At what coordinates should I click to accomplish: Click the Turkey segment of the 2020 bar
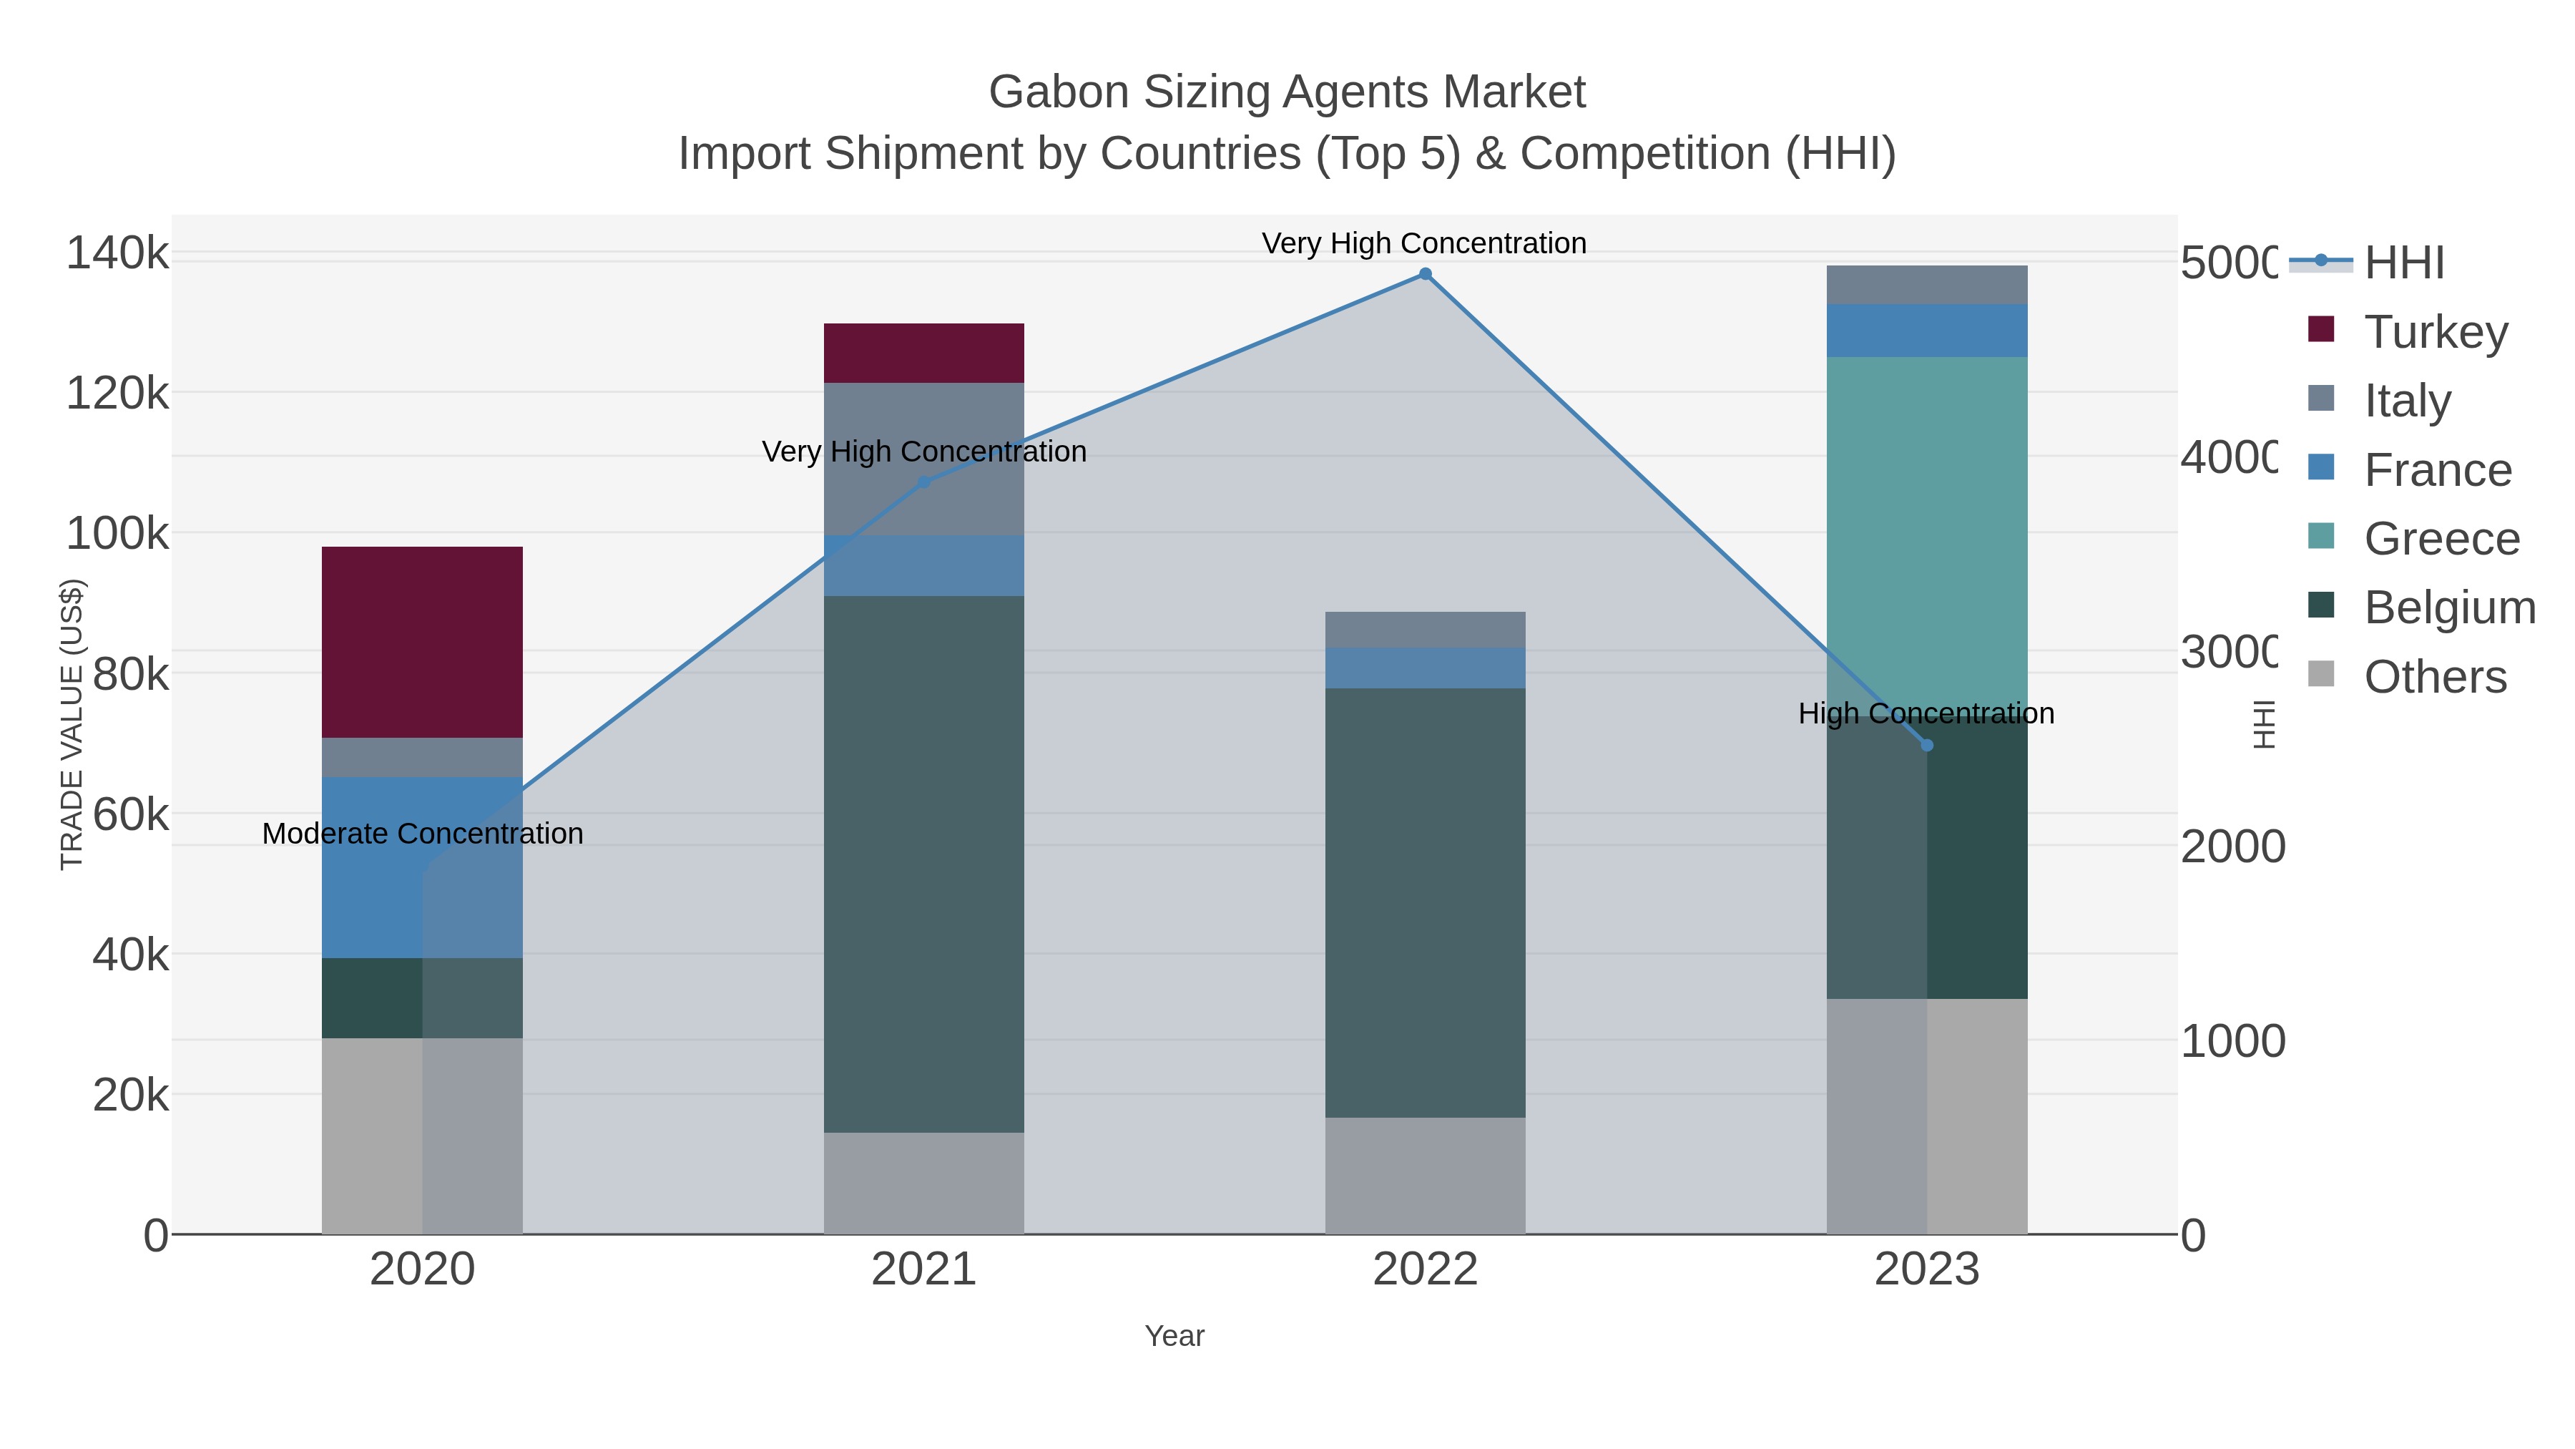tap(422, 642)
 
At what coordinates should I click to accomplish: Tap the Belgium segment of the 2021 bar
tap(923, 864)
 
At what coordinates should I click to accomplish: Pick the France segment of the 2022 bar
tap(1424, 668)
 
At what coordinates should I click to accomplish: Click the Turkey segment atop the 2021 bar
tap(923, 353)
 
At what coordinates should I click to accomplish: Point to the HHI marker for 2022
tap(1426, 274)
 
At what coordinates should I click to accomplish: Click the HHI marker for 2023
tap(1927, 745)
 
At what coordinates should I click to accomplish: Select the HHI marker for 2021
tap(923, 482)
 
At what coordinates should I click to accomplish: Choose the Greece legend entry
tap(2441, 539)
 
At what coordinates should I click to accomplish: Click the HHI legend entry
tap(2403, 263)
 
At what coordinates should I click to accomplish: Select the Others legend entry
tap(2435, 677)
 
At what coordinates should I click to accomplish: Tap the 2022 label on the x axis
tap(1424, 1270)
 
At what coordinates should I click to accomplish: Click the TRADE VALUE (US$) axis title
tap(72, 724)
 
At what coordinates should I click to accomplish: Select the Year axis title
tap(1174, 1336)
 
